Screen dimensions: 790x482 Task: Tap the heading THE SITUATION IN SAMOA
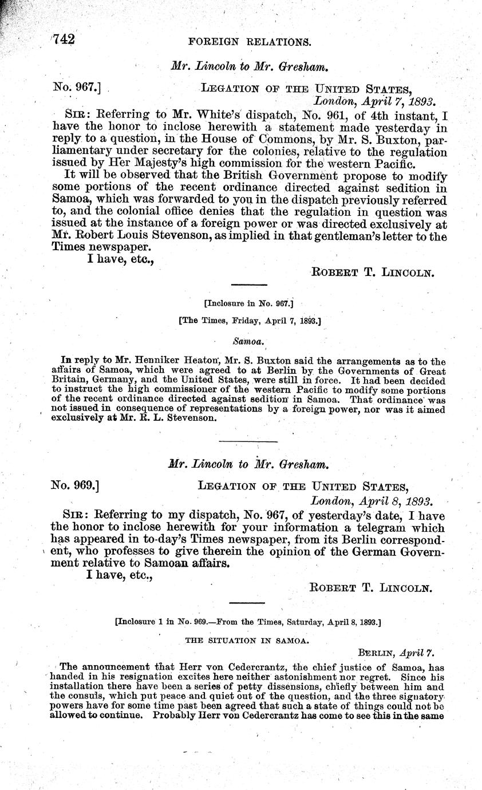click(x=247, y=641)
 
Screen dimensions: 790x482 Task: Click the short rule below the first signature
click(x=248, y=285)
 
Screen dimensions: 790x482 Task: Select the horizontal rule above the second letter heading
click(x=248, y=441)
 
